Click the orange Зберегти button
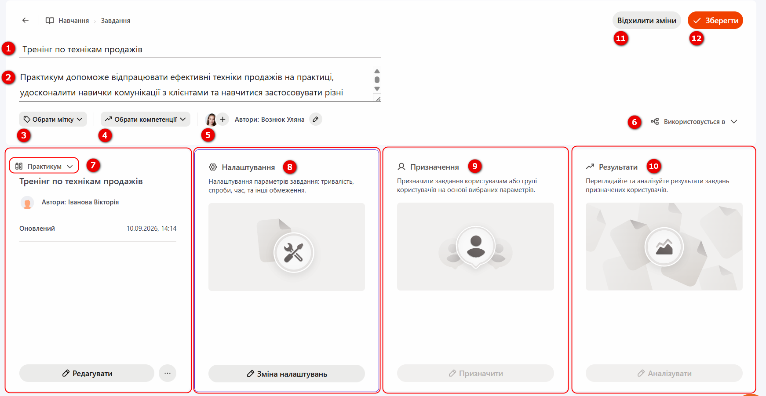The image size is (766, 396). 715,21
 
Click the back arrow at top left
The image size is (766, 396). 26,20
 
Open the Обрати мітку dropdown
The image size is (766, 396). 53,119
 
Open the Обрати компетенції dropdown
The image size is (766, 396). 146,119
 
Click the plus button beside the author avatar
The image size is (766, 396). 223,119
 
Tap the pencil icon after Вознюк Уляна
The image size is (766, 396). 315,119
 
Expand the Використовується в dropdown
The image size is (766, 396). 694,122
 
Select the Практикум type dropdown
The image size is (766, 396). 44,166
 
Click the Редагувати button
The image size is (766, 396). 87,373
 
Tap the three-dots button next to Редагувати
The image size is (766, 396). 168,373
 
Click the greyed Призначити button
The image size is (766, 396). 475,373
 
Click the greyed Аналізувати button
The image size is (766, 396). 664,373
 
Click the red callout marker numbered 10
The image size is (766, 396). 654,166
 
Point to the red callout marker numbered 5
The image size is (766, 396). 208,135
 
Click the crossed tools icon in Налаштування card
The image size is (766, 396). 293,253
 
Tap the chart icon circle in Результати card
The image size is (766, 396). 664,247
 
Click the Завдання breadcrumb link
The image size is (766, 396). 116,21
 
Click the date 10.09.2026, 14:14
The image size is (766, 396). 151,229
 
